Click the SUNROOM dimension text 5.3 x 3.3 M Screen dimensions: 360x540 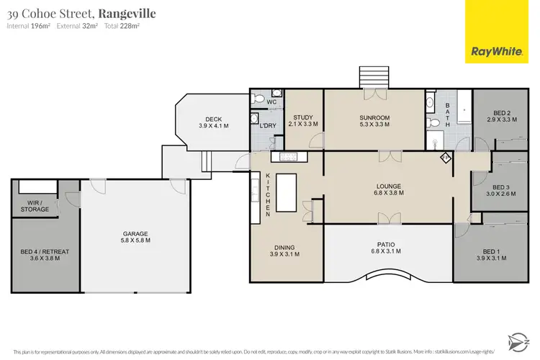coord(374,125)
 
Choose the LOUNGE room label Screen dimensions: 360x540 coord(389,184)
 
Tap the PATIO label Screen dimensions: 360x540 coord(389,244)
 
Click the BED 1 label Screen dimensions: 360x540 coord(491,251)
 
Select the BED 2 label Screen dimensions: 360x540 coord(502,112)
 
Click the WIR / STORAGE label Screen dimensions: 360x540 coord(35,205)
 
